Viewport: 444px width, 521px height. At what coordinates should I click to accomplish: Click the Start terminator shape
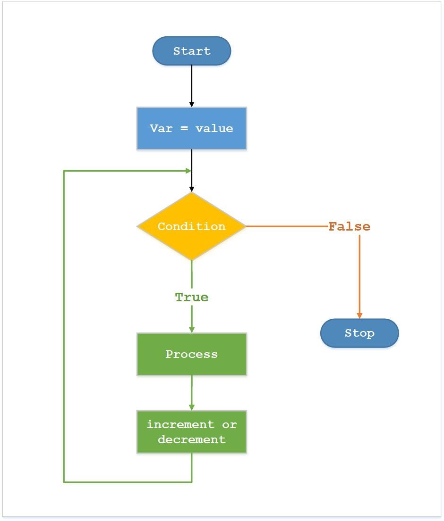(191, 51)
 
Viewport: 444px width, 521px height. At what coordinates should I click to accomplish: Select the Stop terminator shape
(359, 333)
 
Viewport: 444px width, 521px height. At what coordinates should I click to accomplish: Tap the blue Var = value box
(191, 128)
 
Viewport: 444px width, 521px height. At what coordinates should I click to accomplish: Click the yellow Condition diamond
(191, 226)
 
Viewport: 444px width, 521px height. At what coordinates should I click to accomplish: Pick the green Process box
(191, 354)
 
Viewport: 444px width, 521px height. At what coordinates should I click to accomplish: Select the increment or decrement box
(191, 432)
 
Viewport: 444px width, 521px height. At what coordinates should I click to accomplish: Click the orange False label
(349, 227)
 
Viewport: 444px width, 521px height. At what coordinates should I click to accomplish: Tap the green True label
(191, 298)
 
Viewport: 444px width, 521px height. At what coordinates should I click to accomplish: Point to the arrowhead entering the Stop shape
(359, 315)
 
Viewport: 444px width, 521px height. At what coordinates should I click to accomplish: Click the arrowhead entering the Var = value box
(191, 104)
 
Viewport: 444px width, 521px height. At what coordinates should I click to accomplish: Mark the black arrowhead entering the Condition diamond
(191, 189)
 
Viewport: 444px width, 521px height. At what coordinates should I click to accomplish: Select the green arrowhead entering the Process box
(191, 330)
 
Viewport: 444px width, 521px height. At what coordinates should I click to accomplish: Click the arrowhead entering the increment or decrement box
(191, 407)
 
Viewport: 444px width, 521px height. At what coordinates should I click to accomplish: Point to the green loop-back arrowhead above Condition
(188, 171)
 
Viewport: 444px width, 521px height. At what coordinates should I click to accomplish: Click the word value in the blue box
(214, 128)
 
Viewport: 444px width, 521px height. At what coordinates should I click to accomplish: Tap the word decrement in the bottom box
(191, 439)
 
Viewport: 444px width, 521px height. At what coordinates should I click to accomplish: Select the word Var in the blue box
(161, 128)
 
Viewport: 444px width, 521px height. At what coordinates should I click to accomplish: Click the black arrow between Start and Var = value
(191, 85)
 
